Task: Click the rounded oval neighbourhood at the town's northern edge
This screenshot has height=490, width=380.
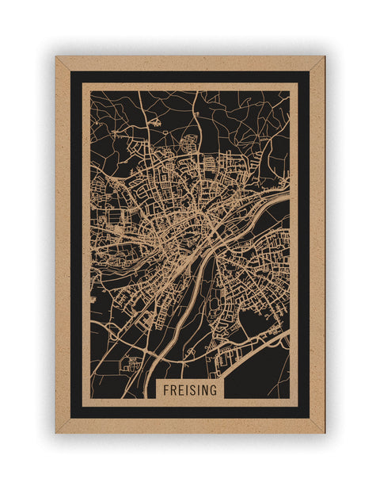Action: click(190, 144)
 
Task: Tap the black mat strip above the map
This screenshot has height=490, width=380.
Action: click(190, 76)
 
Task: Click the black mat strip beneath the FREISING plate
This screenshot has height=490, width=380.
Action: click(190, 412)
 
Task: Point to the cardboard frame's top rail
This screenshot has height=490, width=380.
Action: click(190, 63)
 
